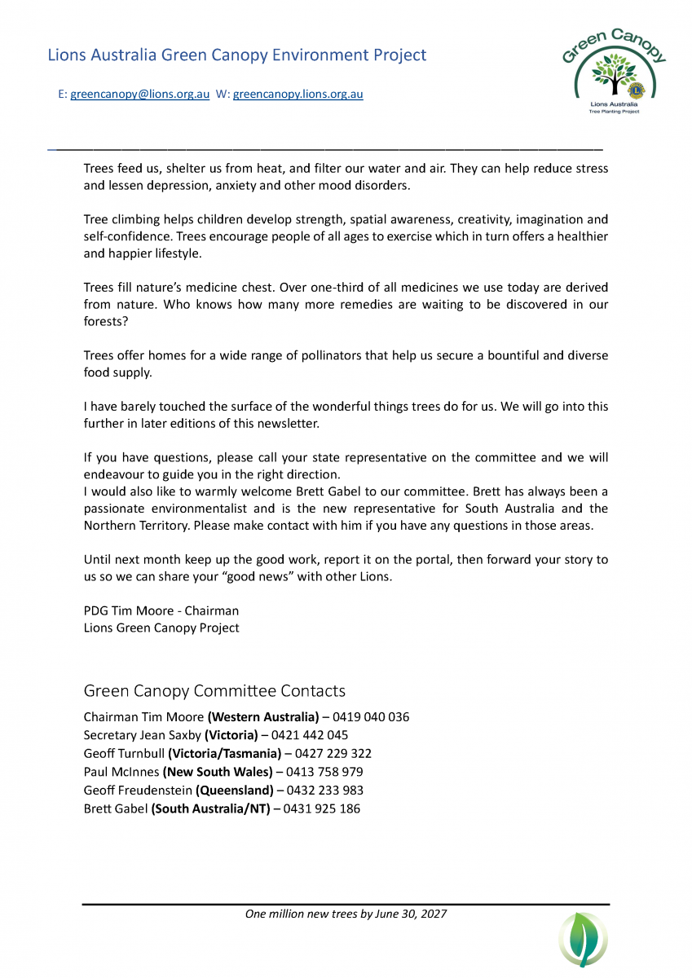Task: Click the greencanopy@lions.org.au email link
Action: pos(139,95)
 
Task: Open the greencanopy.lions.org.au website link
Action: pos(298,95)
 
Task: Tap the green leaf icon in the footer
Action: pos(583,939)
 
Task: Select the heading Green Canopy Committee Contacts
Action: pos(214,691)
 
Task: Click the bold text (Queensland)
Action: pos(235,791)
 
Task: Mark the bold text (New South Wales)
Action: pos(218,772)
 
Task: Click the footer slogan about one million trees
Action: pos(346,914)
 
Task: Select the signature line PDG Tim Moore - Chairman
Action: pos(161,610)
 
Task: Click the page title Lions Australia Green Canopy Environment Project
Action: pos(237,55)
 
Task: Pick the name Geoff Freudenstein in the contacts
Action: pos(137,791)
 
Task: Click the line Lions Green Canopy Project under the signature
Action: pos(161,628)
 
